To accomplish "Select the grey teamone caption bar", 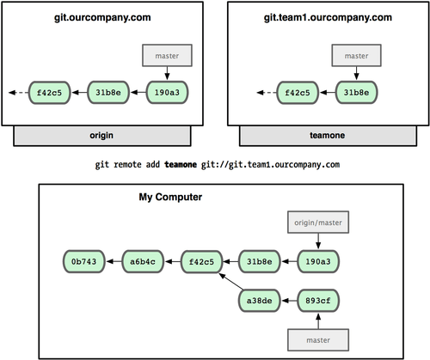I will [x=331, y=135].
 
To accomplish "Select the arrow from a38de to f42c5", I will [x=230, y=284].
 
